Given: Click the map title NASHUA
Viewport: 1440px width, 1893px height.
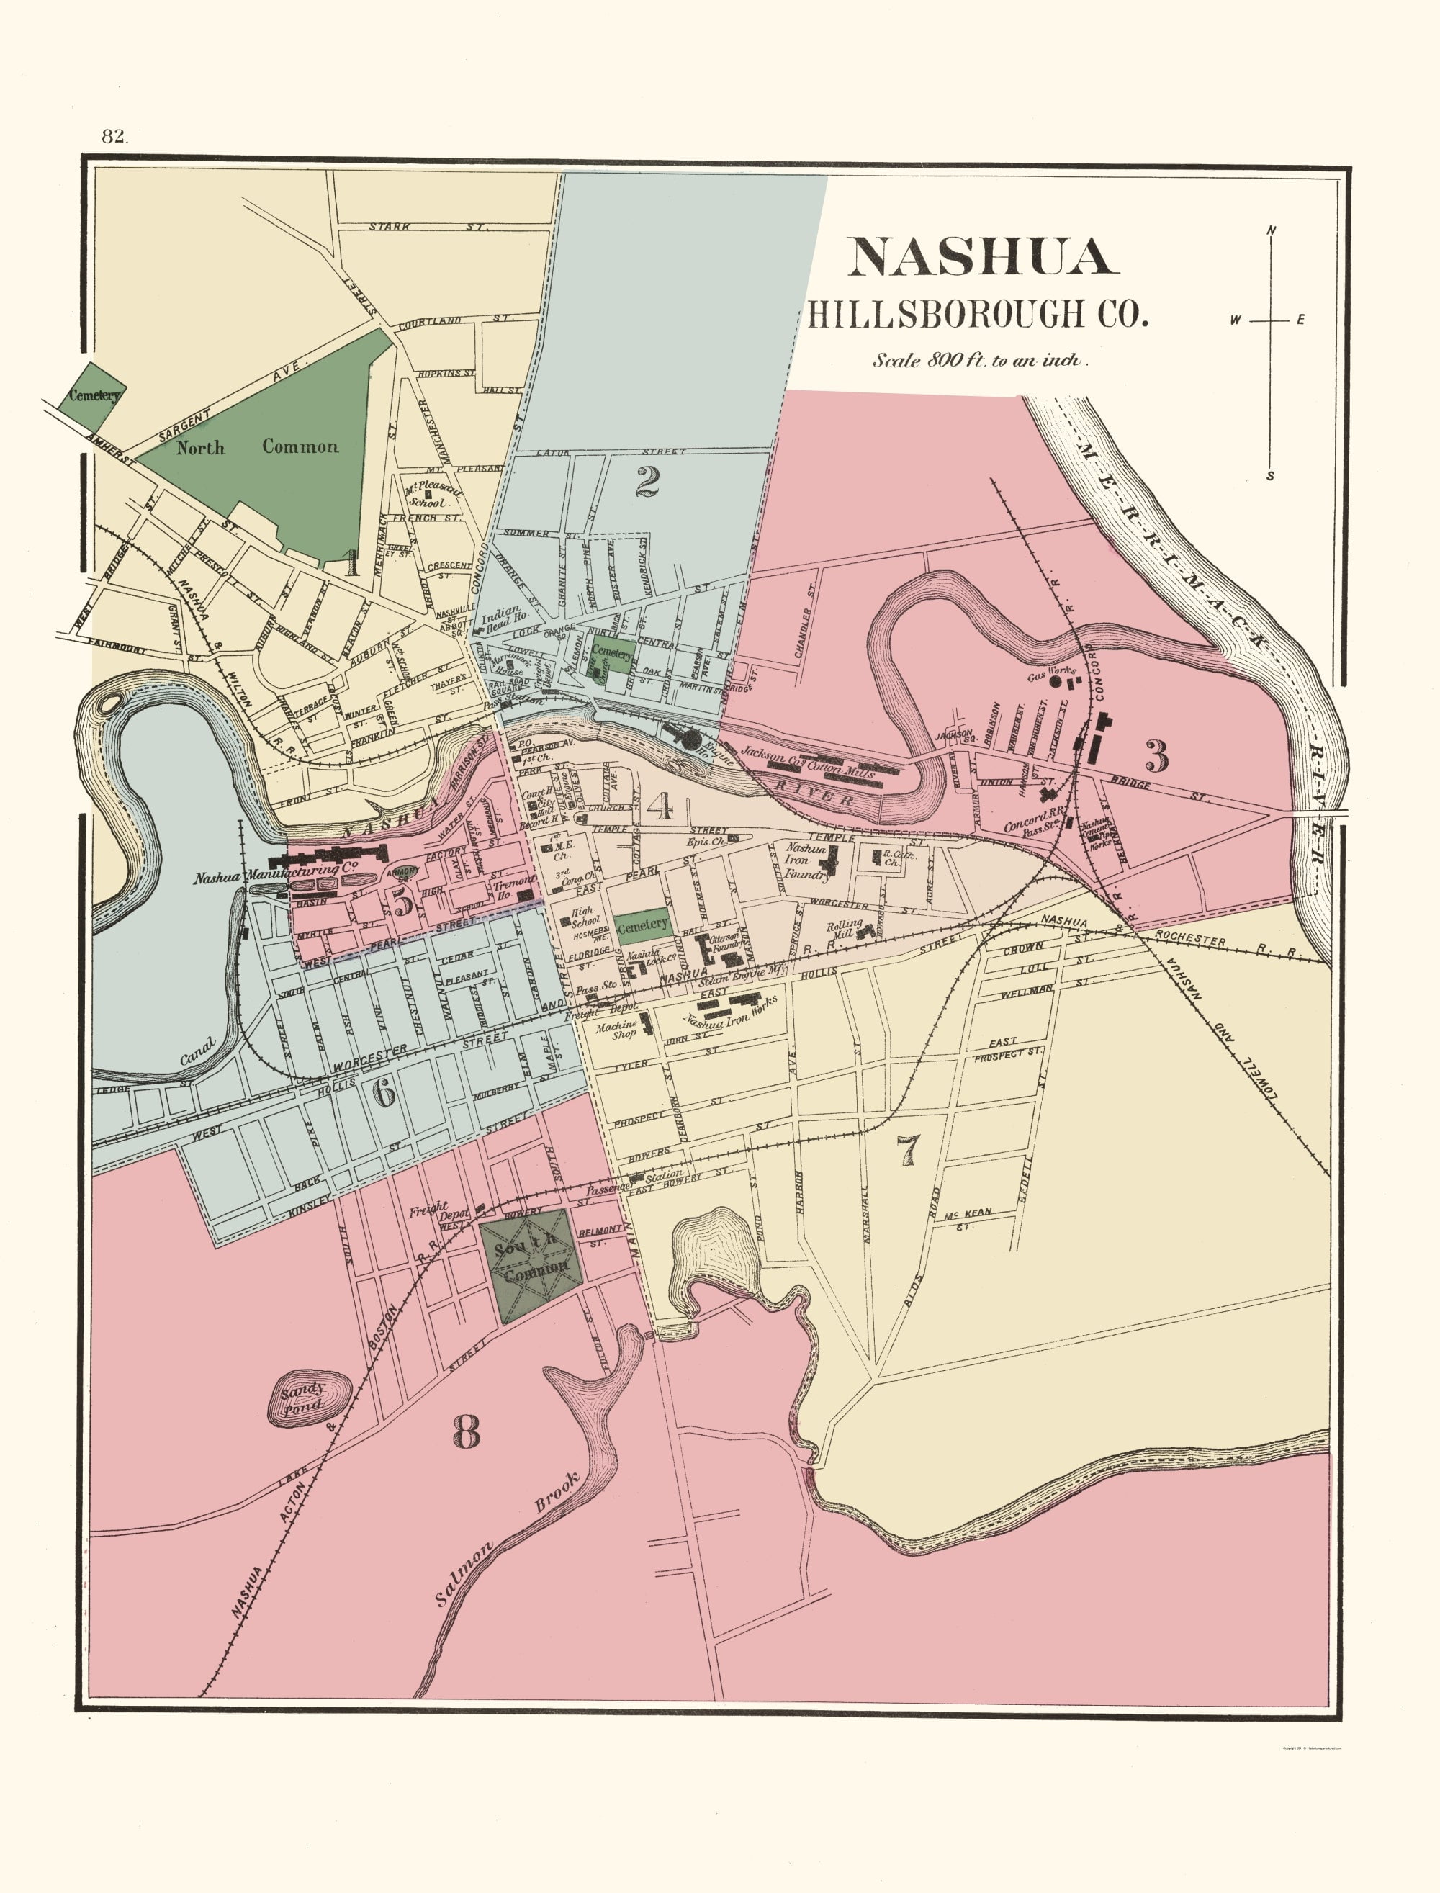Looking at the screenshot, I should coord(982,256).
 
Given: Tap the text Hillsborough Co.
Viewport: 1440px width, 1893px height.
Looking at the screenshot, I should coord(977,314).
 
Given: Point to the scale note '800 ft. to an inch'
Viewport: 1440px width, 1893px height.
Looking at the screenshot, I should coord(980,361).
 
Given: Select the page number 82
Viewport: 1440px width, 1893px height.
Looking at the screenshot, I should coord(114,136).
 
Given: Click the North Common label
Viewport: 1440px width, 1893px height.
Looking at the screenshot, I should coord(257,446).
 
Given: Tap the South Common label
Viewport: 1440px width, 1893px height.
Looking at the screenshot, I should coord(531,1254).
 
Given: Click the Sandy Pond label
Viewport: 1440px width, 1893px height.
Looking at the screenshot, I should coord(303,1397).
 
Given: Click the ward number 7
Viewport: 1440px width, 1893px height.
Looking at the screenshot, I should coord(907,1150).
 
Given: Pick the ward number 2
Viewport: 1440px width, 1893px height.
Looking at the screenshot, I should coord(647,482).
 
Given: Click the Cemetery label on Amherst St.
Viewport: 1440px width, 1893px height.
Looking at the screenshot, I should coord(94,395).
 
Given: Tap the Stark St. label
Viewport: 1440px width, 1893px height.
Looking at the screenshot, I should coord(427,227).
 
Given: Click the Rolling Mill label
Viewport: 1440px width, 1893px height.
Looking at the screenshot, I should coord(843,930).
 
